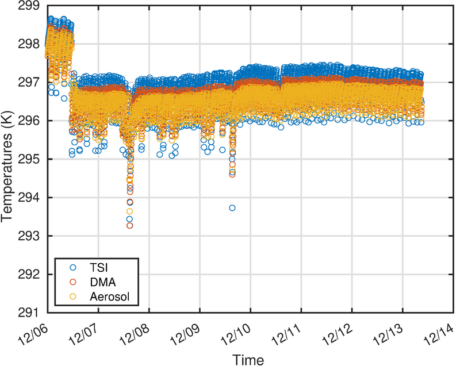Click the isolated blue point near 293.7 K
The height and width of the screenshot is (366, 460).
pyautogui.click(x=232, y=208)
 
